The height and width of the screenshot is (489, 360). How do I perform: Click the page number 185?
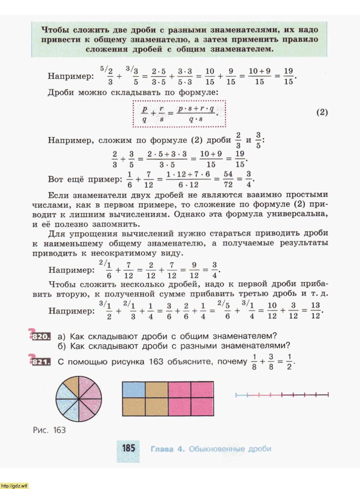128,448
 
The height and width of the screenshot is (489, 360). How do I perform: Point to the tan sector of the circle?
71,386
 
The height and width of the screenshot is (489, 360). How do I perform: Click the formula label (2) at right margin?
322,113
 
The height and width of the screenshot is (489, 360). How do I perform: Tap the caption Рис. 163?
49,430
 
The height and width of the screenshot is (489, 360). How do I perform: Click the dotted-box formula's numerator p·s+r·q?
196,109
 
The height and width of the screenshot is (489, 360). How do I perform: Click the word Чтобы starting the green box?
56,30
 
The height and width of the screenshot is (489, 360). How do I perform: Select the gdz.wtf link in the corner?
14,485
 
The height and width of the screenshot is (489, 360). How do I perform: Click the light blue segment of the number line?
242,395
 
